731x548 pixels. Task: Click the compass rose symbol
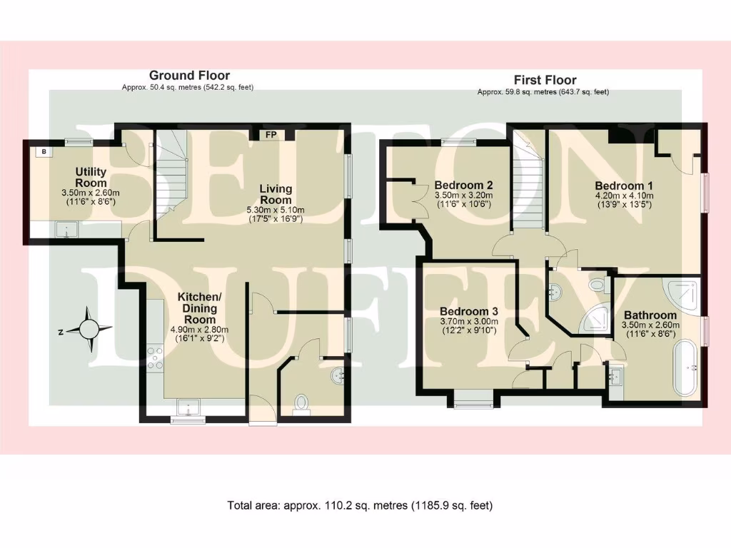89,329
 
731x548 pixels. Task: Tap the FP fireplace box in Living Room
271,134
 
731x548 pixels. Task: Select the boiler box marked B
44,151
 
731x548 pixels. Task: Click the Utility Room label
91,177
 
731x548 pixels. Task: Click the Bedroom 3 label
468,312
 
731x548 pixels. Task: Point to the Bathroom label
650,315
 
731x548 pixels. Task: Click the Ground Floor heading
189,75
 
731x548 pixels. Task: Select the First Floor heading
545,80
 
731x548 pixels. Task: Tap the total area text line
360,505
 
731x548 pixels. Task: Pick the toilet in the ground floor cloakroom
303,404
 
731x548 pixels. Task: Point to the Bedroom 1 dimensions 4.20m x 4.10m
619,196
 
